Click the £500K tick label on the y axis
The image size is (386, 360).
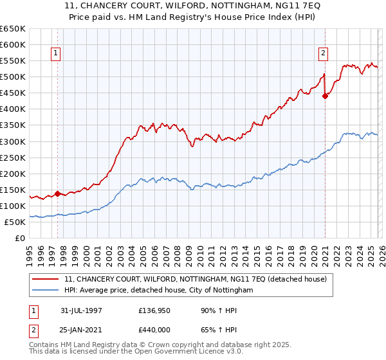[x=13, y=77]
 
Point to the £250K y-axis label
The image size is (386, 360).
[x=13, y=157]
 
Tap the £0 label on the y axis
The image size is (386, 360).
[x=21, y=238]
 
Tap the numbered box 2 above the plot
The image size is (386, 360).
[x=322, y=53]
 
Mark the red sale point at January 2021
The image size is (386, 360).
[x=325, y=96]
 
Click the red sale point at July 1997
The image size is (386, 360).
[x=57, y=194]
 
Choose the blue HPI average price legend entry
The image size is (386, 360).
[x=159, y=291]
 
